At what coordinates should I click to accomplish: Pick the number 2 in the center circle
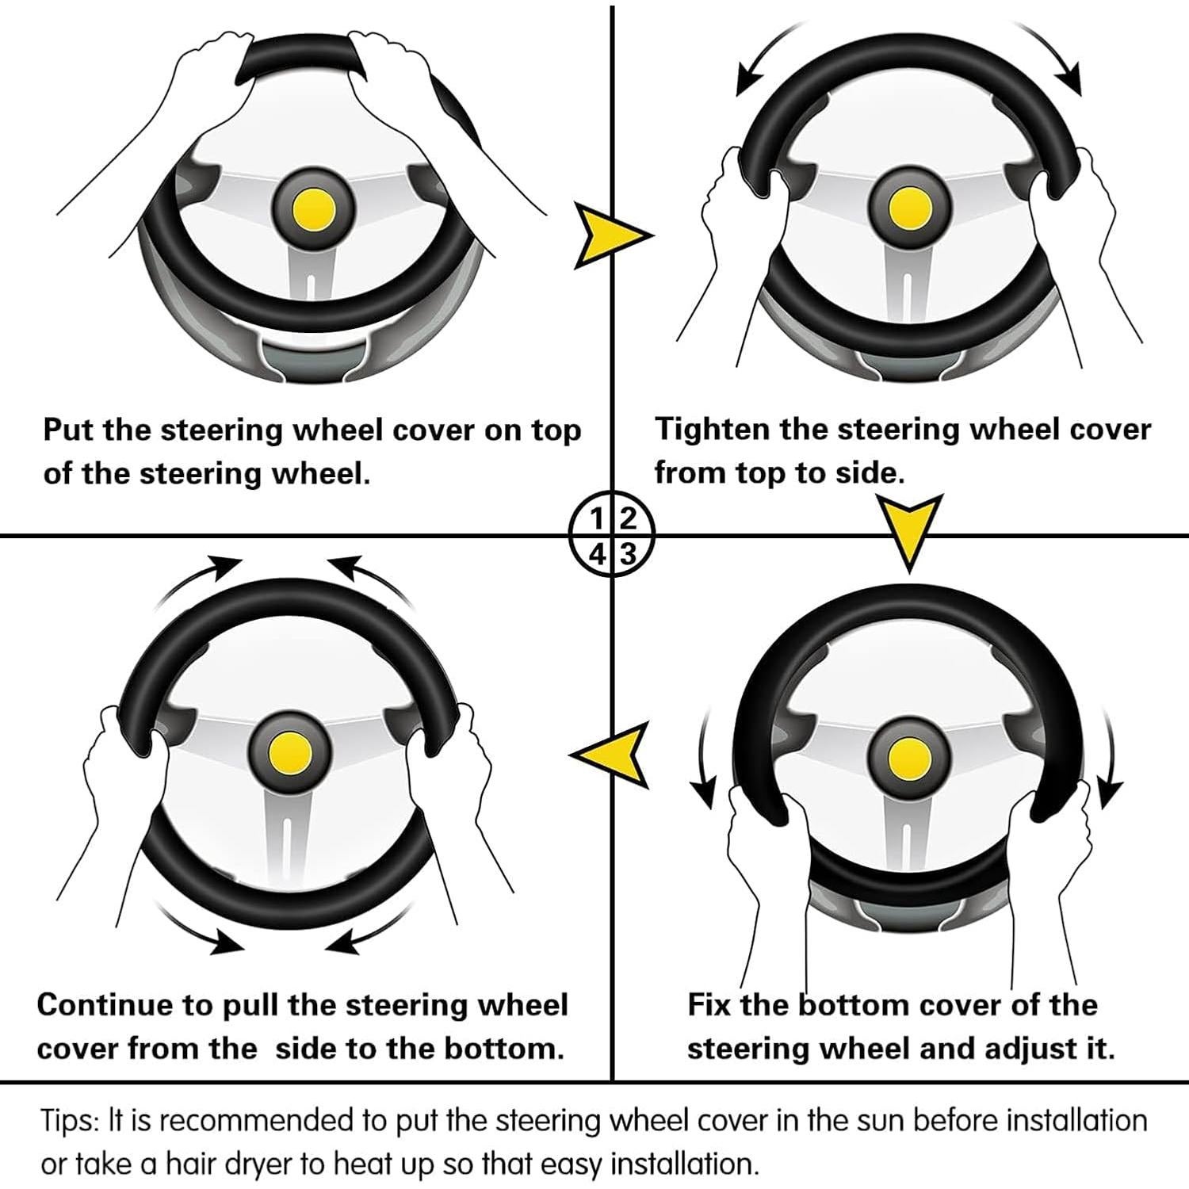(627, 519)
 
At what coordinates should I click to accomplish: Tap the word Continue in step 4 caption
(105, 1004)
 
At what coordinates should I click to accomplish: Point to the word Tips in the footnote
(68, 1122)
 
